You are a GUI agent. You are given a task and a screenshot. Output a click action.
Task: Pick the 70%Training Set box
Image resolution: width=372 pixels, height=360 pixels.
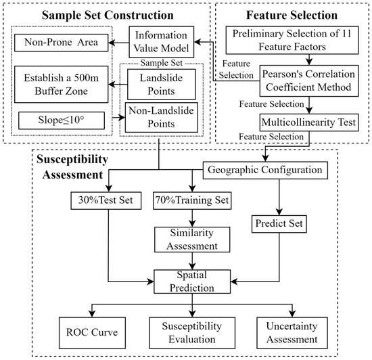(192, 200)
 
